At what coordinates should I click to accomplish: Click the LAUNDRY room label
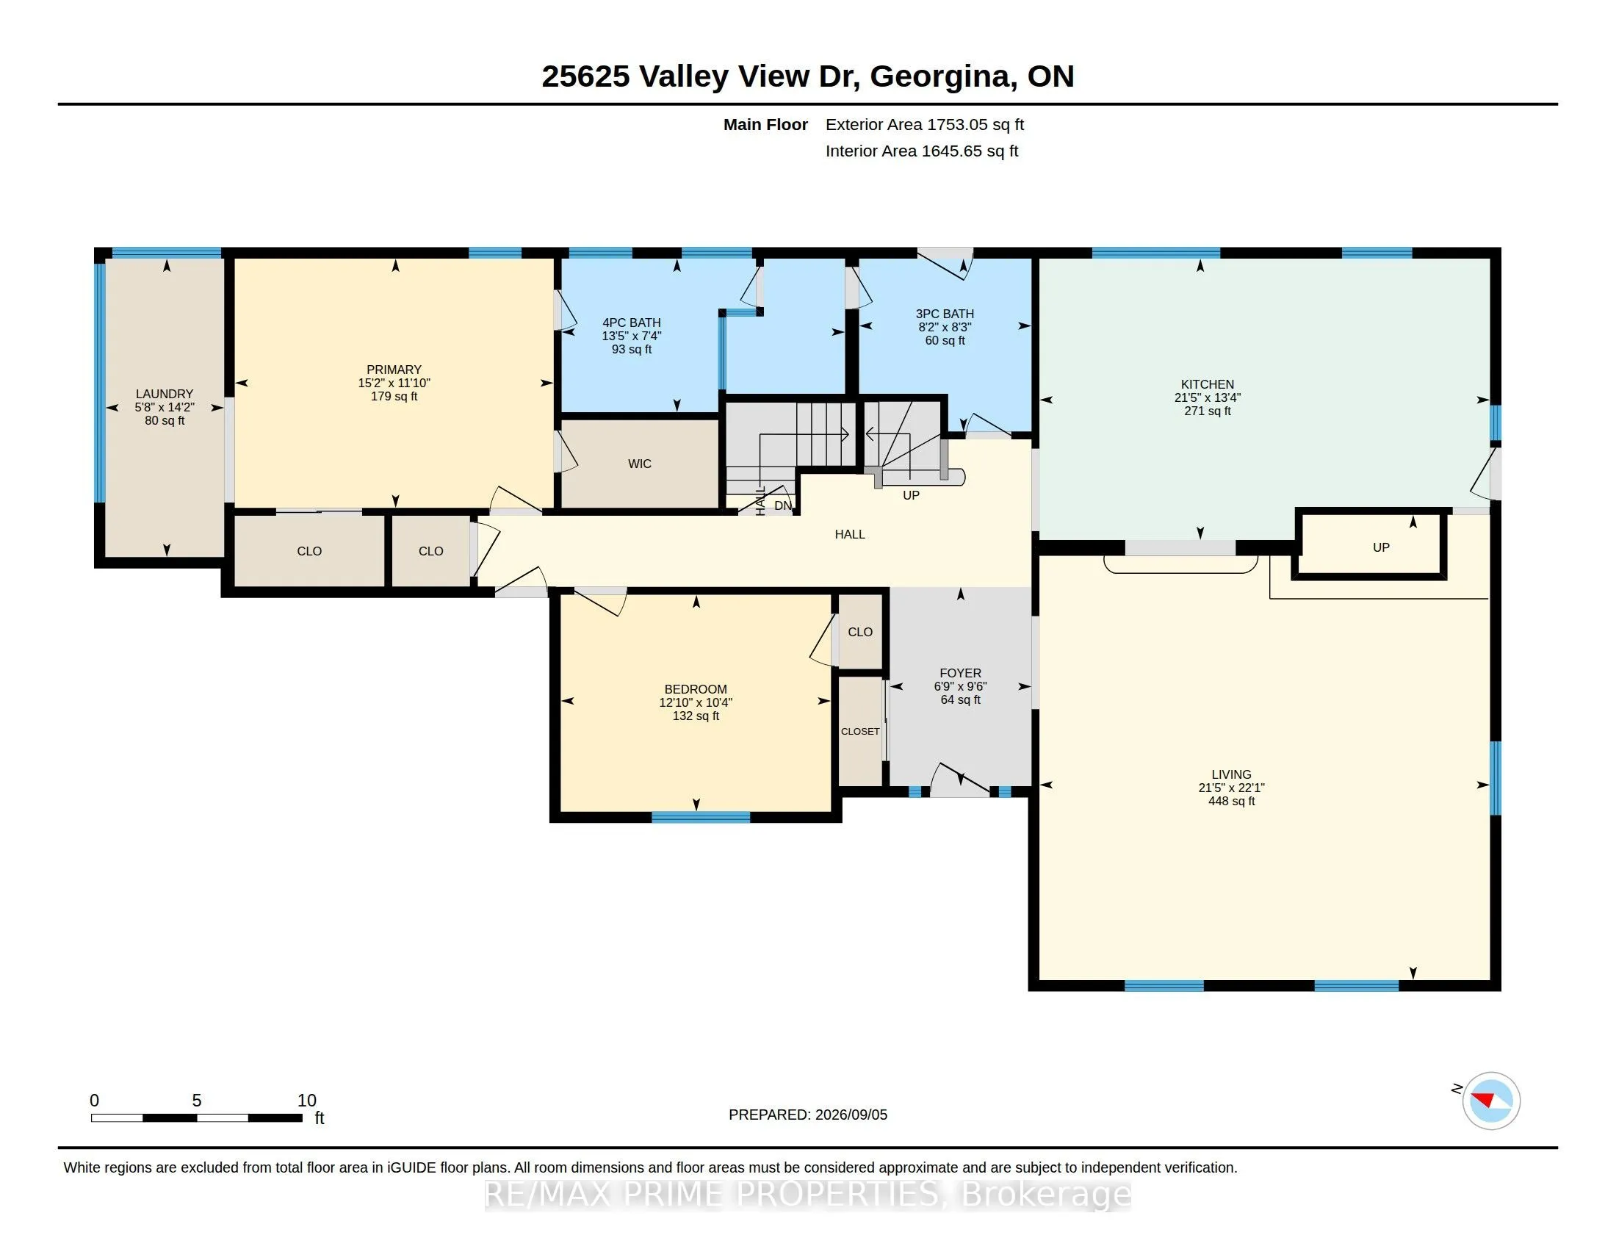click(x=165, y=395)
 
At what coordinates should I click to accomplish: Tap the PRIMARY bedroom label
click(x=394, y=370)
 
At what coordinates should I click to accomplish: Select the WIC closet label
click(x=640, y=464)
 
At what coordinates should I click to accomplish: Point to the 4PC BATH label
click(x=631, y=323)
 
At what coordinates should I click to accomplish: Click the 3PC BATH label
click(x=945, y=314)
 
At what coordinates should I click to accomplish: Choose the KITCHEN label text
click(x=1208, y=384)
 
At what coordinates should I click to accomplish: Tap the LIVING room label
click(x=1231, y=774)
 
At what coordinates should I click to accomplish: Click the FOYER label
click(x=961, y=672)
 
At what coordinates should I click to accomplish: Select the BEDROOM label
click(x=696, y=689)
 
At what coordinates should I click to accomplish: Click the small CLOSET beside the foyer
click(x=860, y=731)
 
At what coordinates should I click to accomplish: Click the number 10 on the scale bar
click(x=306, y=1101)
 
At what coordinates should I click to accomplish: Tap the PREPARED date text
click(x=808, y=1115)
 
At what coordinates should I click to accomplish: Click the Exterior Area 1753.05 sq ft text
click(x=925, y=124)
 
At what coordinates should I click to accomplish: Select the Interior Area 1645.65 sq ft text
click(x=922, y=151)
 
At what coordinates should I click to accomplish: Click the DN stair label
click(x=783, y=505)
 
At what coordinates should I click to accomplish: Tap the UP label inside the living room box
click(x=1381, y=547)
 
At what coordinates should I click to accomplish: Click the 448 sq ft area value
click(x=1231, y=802)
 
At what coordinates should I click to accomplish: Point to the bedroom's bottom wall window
click(x=701, y=817)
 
